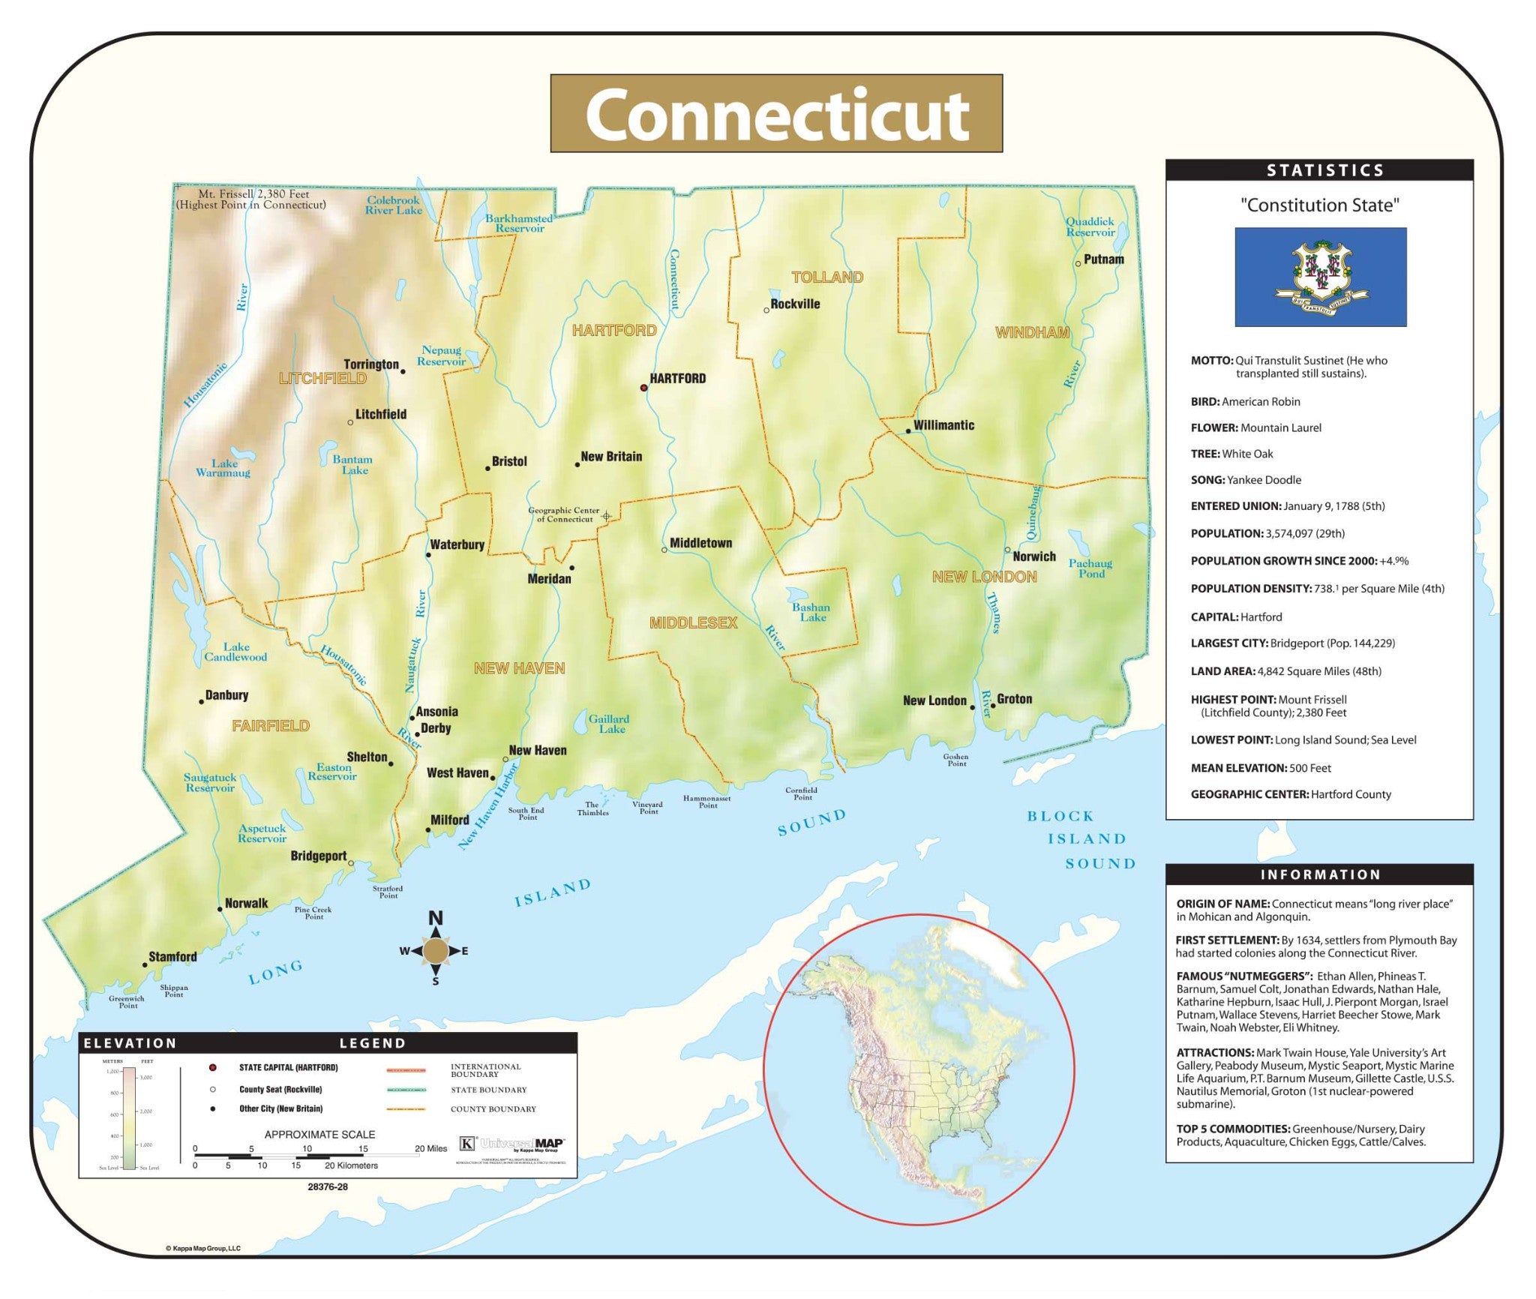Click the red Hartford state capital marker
click(x=643, y=388)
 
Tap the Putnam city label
click(x=1103, y=259)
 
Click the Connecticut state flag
click(x=1320, y=277)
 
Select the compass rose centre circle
click(x=435, y=951)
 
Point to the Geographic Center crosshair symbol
click(x=606, y=516)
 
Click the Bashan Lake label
click(x=811, y=612)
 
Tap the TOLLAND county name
click(x=827, y=277)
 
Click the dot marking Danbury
click(x=201, y=701)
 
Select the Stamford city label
click(x=172, y=956)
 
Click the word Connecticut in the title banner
click(x=776, y=114)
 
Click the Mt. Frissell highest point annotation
click(x=250, y=199)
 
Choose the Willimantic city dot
click(x=907, y=431)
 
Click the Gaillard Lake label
click(x=609, y=723)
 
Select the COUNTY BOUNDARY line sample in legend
click(x=406, y=1109)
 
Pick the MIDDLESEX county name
click(x=693, y=622)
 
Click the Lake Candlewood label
click(x=235, y=652)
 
